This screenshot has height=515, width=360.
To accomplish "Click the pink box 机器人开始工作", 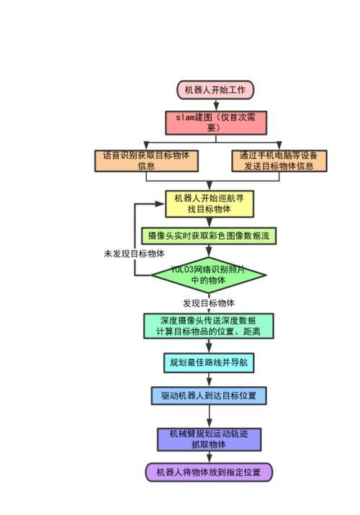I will pos(215,90).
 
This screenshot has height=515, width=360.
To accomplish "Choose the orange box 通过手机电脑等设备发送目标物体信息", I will pos(279,160).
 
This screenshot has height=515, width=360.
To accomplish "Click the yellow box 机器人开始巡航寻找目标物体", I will pos(209,203).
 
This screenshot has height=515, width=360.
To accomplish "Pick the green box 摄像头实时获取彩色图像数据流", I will pos(209,236).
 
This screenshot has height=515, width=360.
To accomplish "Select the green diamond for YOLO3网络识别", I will pos(209,274).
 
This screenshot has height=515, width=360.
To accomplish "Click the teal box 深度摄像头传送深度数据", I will pos(209,326).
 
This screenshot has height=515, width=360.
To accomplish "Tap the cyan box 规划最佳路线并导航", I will pos(209,362).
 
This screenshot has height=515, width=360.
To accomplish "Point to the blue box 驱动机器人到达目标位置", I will pos(209,395).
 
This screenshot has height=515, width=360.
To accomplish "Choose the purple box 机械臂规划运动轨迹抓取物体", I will pos(209,439).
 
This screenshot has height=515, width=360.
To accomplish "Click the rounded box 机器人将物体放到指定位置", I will pos(209,473).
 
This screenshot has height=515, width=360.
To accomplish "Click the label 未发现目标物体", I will pos(134,254).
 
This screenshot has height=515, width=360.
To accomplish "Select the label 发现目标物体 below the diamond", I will pos(209,303).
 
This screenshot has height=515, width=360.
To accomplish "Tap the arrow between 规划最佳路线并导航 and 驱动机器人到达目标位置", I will pos(209,380).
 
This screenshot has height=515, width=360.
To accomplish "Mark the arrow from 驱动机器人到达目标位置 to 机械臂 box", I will pos(209,416).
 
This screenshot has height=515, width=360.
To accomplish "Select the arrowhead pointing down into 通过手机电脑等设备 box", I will pos(279,146).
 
